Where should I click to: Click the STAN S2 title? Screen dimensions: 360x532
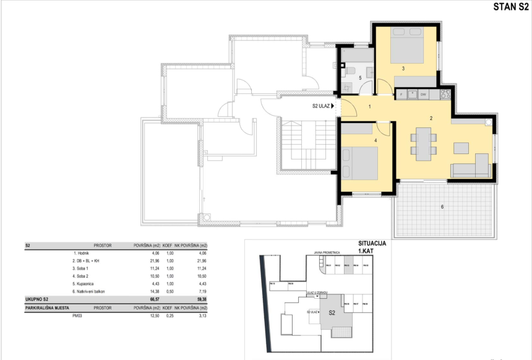click(x=510, y=7)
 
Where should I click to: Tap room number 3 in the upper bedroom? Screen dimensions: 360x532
click(x=403, y=69)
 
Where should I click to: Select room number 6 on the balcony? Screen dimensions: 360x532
click(x=442, y=207)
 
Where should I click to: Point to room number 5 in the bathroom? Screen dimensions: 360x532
click(x=359, y=78)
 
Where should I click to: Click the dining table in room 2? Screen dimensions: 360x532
click(x=424, y=142)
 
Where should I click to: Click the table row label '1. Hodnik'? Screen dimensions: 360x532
click(x=82, y=253)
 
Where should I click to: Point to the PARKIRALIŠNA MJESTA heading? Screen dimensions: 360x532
click(x=47, y=306)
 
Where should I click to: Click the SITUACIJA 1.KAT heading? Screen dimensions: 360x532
click(x=372, y=247)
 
